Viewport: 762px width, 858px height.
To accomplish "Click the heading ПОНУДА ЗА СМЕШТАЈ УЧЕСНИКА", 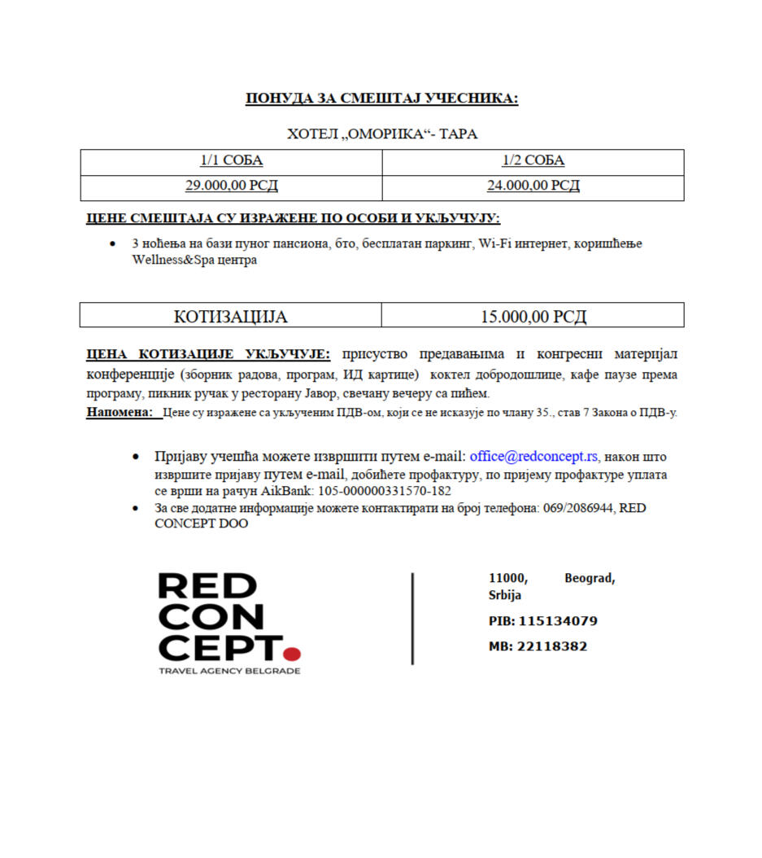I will pos(381,99).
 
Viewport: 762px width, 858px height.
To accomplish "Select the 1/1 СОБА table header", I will pos(231,160).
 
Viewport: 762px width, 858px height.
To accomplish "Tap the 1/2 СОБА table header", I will pos(533,160).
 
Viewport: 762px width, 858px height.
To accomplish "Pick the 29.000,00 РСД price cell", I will pos(231,186).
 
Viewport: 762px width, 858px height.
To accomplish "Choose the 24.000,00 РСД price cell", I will pos(533,186).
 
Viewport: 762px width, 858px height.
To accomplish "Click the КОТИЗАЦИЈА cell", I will pos(230,316).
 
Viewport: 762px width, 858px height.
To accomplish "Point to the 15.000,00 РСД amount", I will pos(533,316).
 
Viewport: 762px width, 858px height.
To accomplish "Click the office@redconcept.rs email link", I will pos(533,457).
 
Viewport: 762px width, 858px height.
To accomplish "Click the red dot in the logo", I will pos(293,653).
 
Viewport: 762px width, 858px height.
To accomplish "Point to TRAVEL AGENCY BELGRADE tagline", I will pos(229,671).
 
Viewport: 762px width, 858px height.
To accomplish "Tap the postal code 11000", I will pos(507,578).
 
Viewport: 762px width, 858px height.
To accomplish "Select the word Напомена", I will pos(119,413).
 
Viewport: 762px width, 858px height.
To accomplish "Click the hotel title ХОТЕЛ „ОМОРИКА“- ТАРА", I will pos(381,134).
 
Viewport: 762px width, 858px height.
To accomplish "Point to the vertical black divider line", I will pos(412,619).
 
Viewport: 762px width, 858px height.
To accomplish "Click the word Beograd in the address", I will pos(589,578).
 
